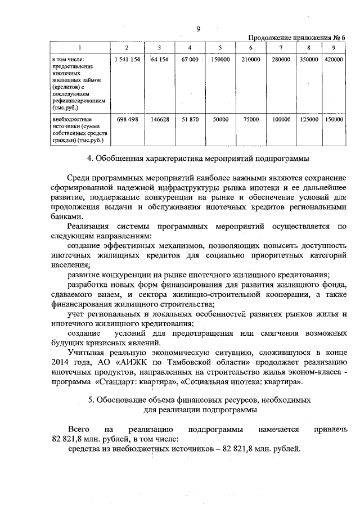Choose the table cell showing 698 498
pos(127,120)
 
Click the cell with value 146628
pos(160,120)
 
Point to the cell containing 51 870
pos(190,120)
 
